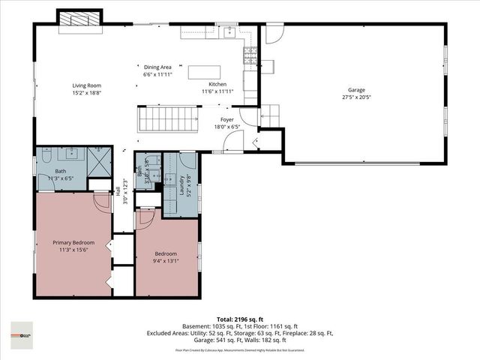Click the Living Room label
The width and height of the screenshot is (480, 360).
pos(86,85)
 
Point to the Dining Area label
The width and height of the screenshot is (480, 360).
pos(157,67)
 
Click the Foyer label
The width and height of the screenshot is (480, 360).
pos(227,119)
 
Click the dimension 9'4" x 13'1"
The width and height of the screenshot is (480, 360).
pos(166,262)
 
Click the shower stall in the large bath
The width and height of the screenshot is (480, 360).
pos(97,160)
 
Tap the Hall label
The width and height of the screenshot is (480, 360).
pos(118,193)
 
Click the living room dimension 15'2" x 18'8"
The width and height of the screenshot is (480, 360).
pos(86,93)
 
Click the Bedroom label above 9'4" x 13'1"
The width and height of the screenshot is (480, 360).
pos(166,254)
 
